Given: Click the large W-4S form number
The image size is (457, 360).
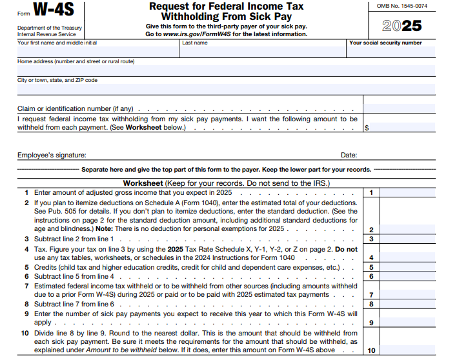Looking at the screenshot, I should [x=54, y=10].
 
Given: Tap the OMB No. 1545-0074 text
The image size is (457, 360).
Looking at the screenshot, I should [x=401, y=5].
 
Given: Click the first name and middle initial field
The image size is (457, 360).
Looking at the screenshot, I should [x=97, y=52].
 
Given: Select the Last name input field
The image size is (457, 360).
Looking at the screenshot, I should [x=262, y=52].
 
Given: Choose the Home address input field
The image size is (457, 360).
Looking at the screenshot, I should [x=226, y=70].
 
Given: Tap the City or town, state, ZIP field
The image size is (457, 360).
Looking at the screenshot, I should [x=226, y=89].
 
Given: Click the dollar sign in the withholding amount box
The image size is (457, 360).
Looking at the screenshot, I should [x=367, y=128].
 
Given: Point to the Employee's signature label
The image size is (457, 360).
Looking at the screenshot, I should [x=52, y=155].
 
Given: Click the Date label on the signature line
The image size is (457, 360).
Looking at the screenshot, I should [x=349, y=155].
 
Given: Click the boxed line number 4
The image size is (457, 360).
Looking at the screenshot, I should [x=371, y=257].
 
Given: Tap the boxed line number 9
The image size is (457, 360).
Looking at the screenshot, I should [x=371, y=323].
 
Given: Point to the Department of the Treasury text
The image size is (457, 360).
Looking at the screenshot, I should [x=49, y=28].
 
